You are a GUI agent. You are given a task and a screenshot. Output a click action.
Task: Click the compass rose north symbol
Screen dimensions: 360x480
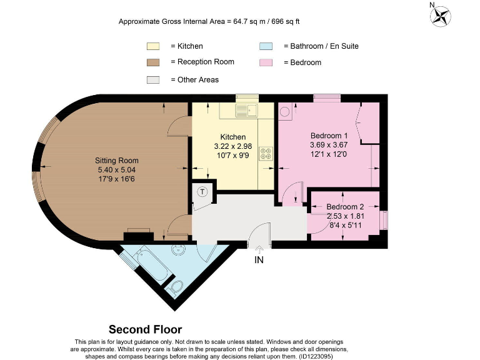pyautogui.click(x=441, y=15)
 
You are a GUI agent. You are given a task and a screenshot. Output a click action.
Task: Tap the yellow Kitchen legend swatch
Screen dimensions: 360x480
pyautogui.click(x=153, y=46)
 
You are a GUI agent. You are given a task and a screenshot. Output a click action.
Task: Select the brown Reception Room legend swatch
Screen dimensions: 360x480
pyautogui.click(x=153, y=62)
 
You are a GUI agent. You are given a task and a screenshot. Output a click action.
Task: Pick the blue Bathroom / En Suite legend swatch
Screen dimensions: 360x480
pyautogui.click(x=265, y=46)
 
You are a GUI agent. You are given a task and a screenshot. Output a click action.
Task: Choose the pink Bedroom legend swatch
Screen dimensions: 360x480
pyautogui.click(x=265, y=62)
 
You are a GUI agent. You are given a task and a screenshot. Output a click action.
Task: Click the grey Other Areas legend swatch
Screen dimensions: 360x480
pyautogui.click(x=153, y=80)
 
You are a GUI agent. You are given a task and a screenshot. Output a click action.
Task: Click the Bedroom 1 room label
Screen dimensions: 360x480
pyautogui.click(x=329, y=136)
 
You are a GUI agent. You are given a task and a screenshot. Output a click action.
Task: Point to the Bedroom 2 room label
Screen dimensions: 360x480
pyautogui.click(x=344, y=207)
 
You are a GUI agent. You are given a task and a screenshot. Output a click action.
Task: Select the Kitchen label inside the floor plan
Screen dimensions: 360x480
pyautogui.click(x=233, y=137)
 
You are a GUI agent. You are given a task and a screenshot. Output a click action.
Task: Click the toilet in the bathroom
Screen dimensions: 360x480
pyautogui.click(x=176, y=287)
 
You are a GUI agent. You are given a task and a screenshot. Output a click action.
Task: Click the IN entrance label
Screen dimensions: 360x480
pyautogui.click(x=259, y=260)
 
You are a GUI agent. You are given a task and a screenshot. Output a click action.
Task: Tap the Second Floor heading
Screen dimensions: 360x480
pyautogui.click(x=146, y=329)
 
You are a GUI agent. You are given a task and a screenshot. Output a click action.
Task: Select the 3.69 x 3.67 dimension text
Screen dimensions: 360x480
pyautogui.click(x=329, y=144)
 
